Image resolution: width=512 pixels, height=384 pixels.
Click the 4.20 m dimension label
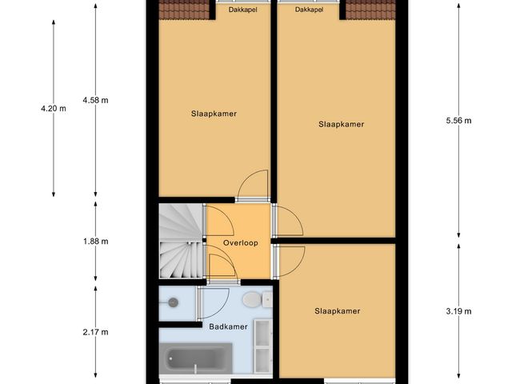coord(53,109)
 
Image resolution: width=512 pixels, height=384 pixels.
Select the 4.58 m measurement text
coord(95,100)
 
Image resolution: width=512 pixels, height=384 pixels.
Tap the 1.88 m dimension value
coord(95,241)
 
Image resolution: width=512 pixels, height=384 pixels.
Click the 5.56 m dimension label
coord(458,121)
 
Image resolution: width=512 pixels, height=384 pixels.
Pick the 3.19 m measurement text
coord(458,311)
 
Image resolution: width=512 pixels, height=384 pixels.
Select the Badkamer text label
coord(228,326)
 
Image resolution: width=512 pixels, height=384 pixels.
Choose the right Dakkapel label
coord(309,10)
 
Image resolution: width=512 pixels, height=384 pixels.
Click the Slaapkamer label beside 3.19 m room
coord(337,311)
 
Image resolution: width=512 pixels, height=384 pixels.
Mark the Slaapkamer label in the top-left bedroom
coord(214,114)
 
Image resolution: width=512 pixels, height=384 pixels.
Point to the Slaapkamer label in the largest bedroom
coord(341,124)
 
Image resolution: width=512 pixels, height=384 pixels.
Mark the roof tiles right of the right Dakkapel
coord(370,9)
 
